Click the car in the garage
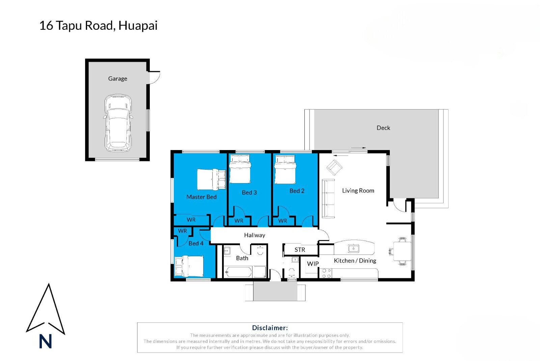[x=118, y=123]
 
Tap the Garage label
[x=117, y=79]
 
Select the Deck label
[x=383, y=128]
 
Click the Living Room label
[x=358, y=191]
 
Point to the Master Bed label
[x=201, y=197]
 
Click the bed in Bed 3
[x=240, y=169]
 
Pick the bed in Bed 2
[x=285, y=169]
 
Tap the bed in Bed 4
[x=189, y=266]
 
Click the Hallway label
[x=254, y=235]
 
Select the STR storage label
[x=300, y=250]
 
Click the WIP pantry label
[x=313, y=264]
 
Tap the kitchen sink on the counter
[x=353, y=248]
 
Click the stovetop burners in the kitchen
[x=326, y=273]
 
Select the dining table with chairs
[x=401, y=251]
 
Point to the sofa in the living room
[x=328, y=198]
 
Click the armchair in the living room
[x=334, y=167]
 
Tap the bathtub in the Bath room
[x=238, y=272]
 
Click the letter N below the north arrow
[x=45, y=341]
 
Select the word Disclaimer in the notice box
[x=270, y=328]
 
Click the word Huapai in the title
[x=138, y=26]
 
